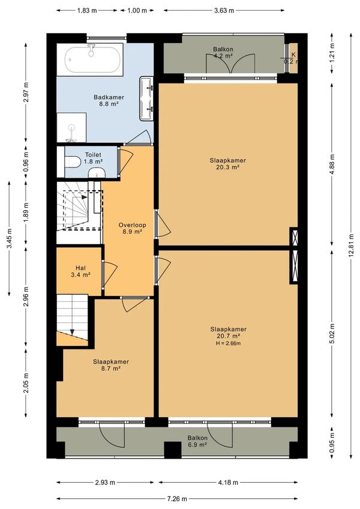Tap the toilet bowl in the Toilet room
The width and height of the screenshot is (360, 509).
[73, 161]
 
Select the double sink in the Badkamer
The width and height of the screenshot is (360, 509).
[146, 98]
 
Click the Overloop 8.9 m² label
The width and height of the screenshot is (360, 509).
[132, 228]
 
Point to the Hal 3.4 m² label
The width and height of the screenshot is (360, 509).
[80, 271]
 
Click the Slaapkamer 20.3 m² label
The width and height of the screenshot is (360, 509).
[227, 164]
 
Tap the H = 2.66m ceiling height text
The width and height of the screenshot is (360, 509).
[228, 343]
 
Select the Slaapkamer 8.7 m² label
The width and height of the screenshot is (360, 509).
[111, 365]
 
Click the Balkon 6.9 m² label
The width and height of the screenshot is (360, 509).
[197, 441]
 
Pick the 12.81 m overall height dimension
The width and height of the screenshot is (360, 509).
[351, 245]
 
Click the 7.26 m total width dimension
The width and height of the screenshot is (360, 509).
[177, 499]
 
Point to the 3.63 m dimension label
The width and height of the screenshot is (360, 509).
[224, 10]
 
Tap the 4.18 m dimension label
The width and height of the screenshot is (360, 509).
[228, 483]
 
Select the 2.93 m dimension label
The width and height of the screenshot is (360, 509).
[105, 483]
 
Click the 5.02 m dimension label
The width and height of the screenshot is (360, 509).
[332, 334]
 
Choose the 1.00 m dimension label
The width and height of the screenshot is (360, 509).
[137, 10]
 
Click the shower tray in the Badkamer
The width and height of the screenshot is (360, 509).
[71, 128]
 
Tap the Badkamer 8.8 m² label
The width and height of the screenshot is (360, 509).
[109, 101]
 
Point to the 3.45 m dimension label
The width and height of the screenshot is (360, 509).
[9, 239]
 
